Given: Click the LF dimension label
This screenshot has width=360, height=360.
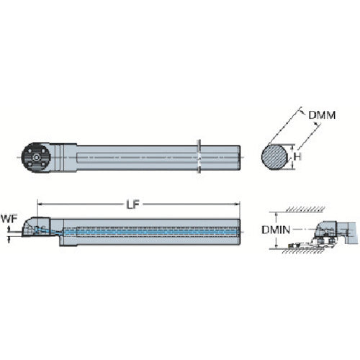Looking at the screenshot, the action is (x=132, y=204).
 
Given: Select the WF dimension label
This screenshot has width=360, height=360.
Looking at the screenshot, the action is (x=9, y=219).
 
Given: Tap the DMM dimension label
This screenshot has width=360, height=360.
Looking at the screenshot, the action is (x=322, y=115).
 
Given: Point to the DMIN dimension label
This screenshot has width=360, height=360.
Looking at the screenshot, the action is (x=276, y=230).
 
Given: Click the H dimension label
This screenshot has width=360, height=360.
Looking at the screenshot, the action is (x=297, y=157).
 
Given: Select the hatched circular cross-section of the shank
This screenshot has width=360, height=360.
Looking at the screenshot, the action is (x=274, y=157).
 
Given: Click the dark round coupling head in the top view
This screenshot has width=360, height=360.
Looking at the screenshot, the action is (x=36, y=158).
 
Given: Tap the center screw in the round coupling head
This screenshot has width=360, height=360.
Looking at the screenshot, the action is (x=36, y=158).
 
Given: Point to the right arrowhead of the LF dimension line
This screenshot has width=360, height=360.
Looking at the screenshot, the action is (x=238, y=204).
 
